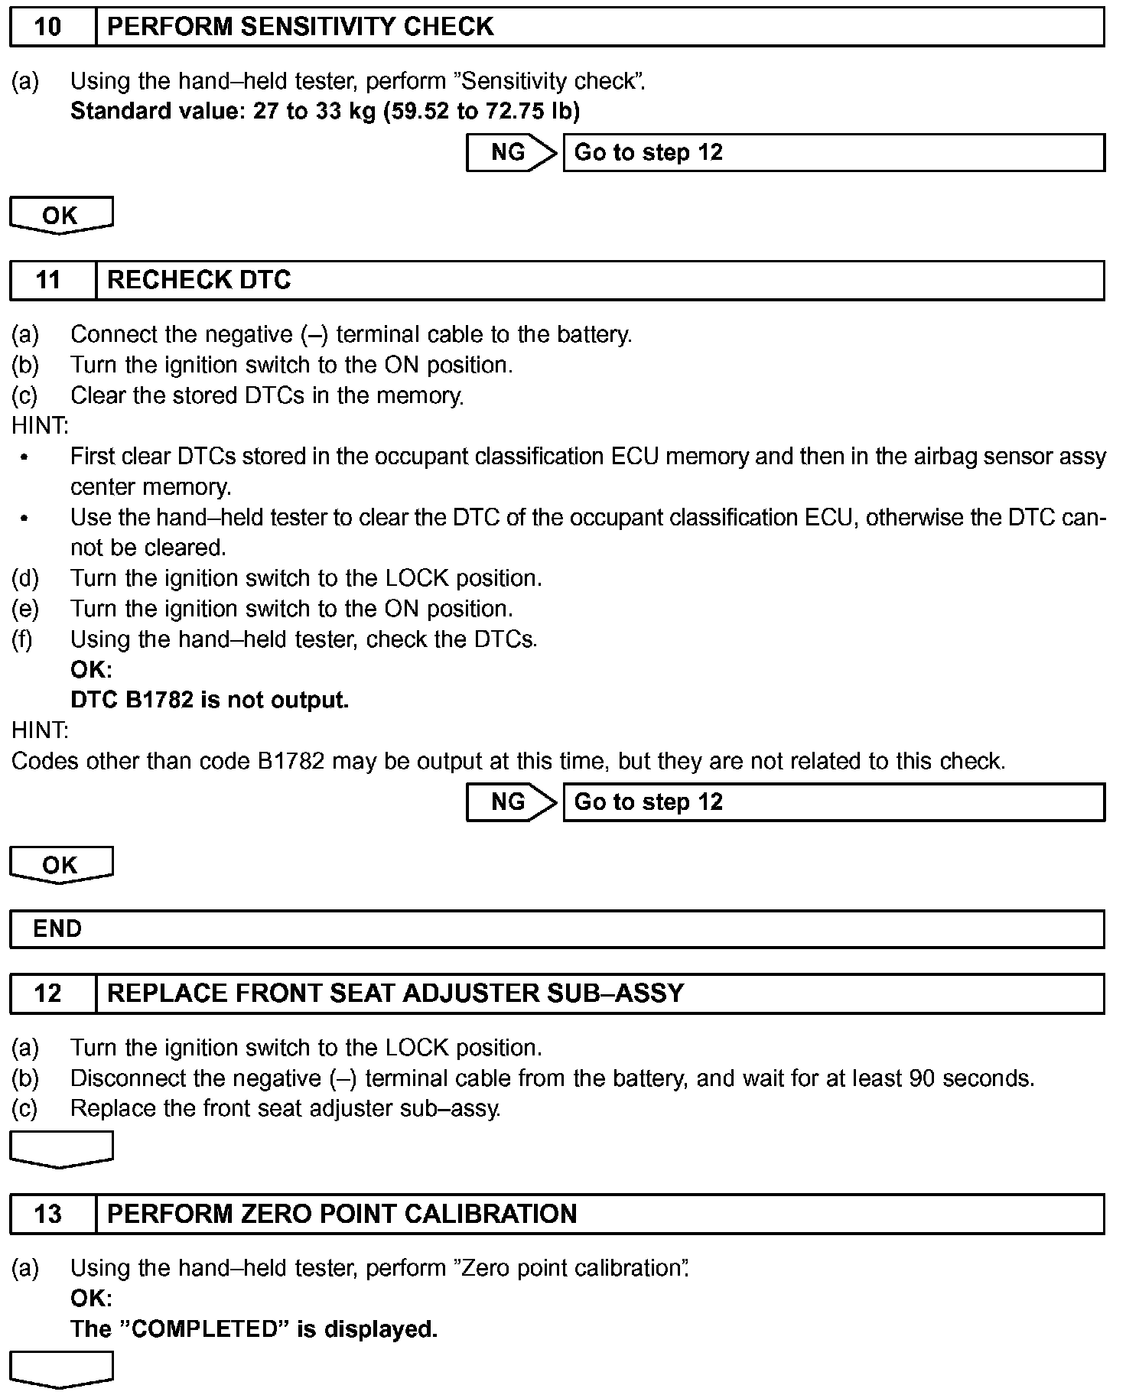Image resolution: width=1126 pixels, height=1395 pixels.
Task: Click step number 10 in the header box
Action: [47, 27]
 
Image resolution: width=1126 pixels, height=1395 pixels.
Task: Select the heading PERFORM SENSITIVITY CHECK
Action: [300, 27]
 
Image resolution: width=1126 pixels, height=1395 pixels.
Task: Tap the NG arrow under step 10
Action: [511, 152]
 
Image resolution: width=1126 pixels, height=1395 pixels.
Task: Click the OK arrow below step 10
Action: [60, 216]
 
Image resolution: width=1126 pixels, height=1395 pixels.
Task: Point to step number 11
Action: [47, 280]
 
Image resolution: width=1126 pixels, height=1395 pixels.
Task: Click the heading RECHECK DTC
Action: [199, 280]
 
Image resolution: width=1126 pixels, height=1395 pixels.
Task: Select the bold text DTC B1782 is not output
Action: [210, 700]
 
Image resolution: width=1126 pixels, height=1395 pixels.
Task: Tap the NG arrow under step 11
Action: [511, 802]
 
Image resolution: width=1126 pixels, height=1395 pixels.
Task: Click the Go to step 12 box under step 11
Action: [833, 802]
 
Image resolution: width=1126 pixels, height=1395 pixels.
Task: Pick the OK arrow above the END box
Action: [60, 865]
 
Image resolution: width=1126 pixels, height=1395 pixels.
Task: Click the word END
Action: [57, 928]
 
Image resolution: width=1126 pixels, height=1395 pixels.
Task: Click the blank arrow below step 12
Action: [60, 1149]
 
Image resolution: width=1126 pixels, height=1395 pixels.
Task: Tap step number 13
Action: [47, 1214]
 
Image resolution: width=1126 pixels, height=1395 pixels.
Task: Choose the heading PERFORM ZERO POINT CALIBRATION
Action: [342, 1214]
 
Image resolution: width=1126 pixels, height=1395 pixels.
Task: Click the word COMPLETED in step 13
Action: [203, 1328]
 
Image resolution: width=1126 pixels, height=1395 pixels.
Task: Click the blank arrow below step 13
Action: [60, 1369]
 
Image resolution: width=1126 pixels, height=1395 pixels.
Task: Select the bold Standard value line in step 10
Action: [325, 112]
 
